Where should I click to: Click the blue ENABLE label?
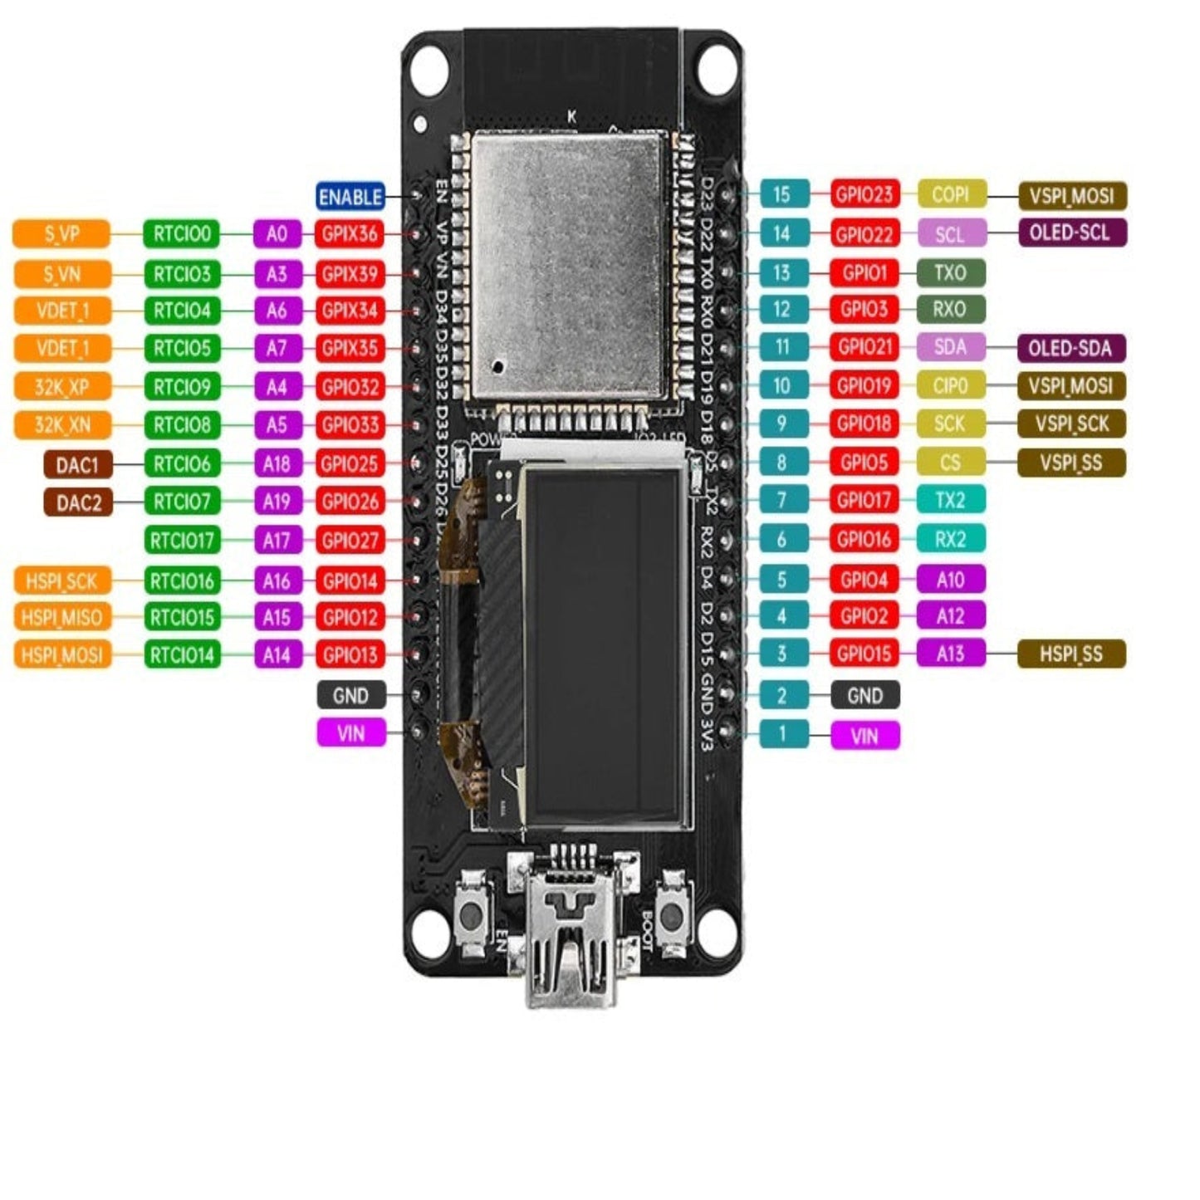pos(350,197)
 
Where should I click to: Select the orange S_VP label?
pos(61,234)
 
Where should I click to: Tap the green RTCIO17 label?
pos(182,541)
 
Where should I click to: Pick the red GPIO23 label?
pos(864,194)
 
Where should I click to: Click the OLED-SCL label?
pos(1071,233)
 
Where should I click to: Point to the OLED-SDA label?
pos(1070,348)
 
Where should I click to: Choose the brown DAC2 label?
pos(78,502)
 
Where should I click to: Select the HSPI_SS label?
pos(1071,654)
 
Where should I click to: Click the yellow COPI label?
pos(951,194)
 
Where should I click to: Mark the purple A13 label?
pos(951,654)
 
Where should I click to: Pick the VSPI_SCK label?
pos(1071,424)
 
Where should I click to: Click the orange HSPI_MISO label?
pos(61,617)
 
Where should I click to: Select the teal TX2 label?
pos(951,500)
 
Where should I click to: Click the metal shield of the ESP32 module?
pos(570,266)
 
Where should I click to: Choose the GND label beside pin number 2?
pos(864,695)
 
